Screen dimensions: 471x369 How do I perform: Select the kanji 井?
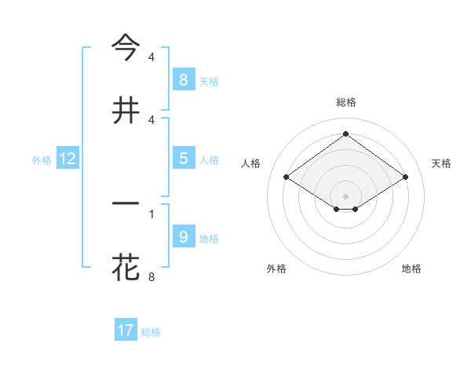[126, 110]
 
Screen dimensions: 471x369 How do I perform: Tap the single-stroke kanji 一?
[126, 203]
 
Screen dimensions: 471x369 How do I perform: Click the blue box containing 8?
[183, 79]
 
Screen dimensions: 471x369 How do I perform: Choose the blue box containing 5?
[183, 159]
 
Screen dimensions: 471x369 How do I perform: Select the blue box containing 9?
[183, 236]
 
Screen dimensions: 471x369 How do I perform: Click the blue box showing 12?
[68, 159]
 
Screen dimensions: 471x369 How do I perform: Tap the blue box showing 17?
[126, 331]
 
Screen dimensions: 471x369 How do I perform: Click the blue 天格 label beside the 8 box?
[209, 81]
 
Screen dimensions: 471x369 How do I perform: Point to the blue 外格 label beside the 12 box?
[42, 160]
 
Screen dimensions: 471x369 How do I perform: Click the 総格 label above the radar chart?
[345, 102]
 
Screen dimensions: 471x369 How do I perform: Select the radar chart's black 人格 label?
[251, 163]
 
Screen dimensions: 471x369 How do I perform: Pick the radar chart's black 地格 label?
[411, 269]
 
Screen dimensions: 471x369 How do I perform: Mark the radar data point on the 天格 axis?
[405, 177]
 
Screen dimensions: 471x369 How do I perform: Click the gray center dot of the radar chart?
[345, 196]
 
